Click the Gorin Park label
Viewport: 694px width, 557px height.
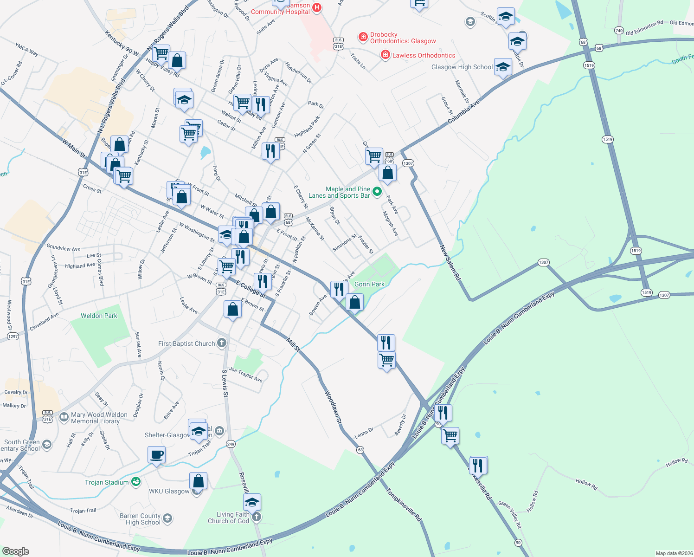pyautogui.click(x=369, y=284)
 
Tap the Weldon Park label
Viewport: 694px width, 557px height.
pyautogui.click(x=99, y=316)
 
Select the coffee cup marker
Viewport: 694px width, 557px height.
pyautogui.click(x=156, y=454)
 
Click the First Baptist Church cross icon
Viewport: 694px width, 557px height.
pyautogui.click(x=222, y=343)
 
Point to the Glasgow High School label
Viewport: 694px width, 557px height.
pyautogui.click(x=462, y=67)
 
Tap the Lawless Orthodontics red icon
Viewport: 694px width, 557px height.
pyautogui.click(x=385, y=55)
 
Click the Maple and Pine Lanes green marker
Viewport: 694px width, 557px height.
pyautogui.click(x=377, y=191)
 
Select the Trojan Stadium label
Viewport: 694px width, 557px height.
pyautogui.click(x=107, y=482)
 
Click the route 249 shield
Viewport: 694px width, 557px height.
pyautogui.click(x=231, y=444)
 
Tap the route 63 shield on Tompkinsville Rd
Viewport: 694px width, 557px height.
pyautogui.click(x=360, y=450)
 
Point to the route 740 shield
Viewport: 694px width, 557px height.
pyautogui.click(x=619, y=31)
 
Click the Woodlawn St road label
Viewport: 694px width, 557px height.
pyautogui.click(x=333, y=408)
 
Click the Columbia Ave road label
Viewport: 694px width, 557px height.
pyautogui.click(x=463, y=113)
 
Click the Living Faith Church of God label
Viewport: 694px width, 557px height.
pyautogui.click(x=229, y=518)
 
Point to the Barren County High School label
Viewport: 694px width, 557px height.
pyautogui.click(x=140, y=519)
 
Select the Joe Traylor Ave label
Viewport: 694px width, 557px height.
pyautogui.click(x=245, y=375)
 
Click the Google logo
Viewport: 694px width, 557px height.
pyautogui.click(x=16, y=551)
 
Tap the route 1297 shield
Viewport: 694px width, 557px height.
pyautogui.click(x=13, y=336)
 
